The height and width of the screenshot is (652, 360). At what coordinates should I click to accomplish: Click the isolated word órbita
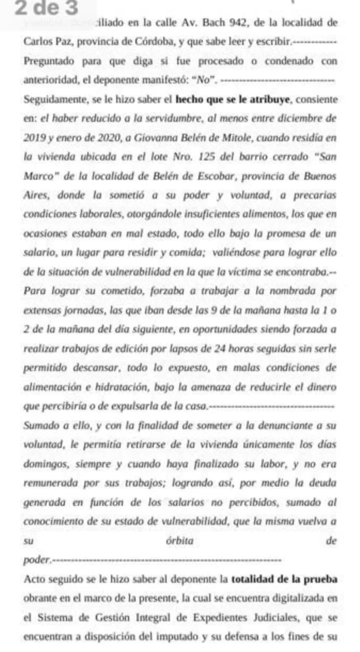(x=178, y=541)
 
